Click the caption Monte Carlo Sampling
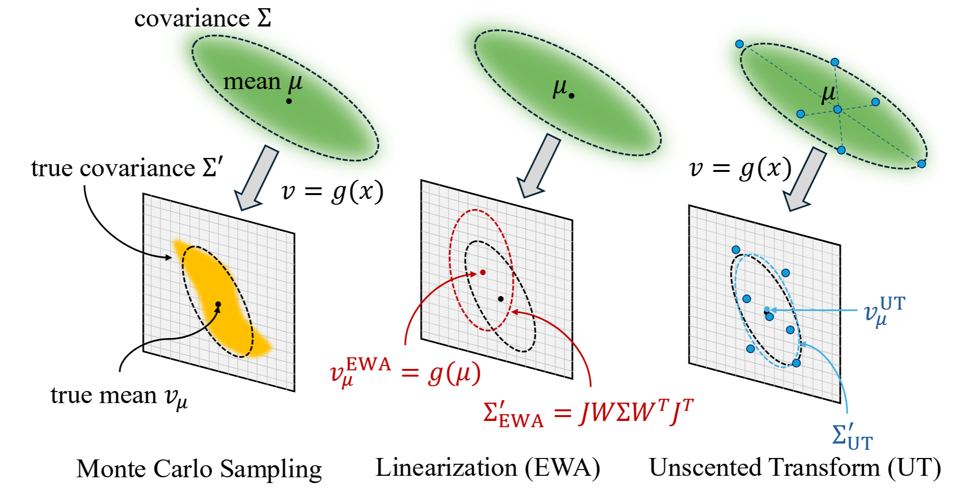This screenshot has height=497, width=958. pyautogui.click(x=199, y=469)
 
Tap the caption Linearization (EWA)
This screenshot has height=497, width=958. pyautogui.click(x=487, y=468)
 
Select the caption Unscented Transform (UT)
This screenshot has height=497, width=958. pyautogui.click(x=795, y=468)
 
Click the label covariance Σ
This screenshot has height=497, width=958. pyautogui.click(x=202, y=19)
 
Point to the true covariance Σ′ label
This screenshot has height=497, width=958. pyautogui.click(x=127, y=168)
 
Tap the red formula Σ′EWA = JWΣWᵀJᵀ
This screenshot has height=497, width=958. pyautogui.click(x=588, y=413)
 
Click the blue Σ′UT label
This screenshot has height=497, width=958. pyautogui.click(x=852, y=436)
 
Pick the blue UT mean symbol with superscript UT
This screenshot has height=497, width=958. pyautogui.click(x=884, y=311)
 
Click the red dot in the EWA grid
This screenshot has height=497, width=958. pyautogui.click(x=483, y=273)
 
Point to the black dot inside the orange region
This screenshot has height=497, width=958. pyautogui.click(x=218, y=304)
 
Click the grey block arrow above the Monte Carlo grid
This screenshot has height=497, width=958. pyautogui.click(x=256, y=178)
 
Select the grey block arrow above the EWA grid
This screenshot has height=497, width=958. pyautogui.click(x=538, y=166)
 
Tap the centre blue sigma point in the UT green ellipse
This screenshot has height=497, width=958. pyautogui.click(x=837, y=110)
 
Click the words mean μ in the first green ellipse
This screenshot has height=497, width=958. pyautogui.click(x=263, y=82)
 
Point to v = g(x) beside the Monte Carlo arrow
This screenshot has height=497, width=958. pyautogui.click(x=332, y=191)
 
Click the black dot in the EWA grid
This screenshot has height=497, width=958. pyautogui.click(x=500, y=299)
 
